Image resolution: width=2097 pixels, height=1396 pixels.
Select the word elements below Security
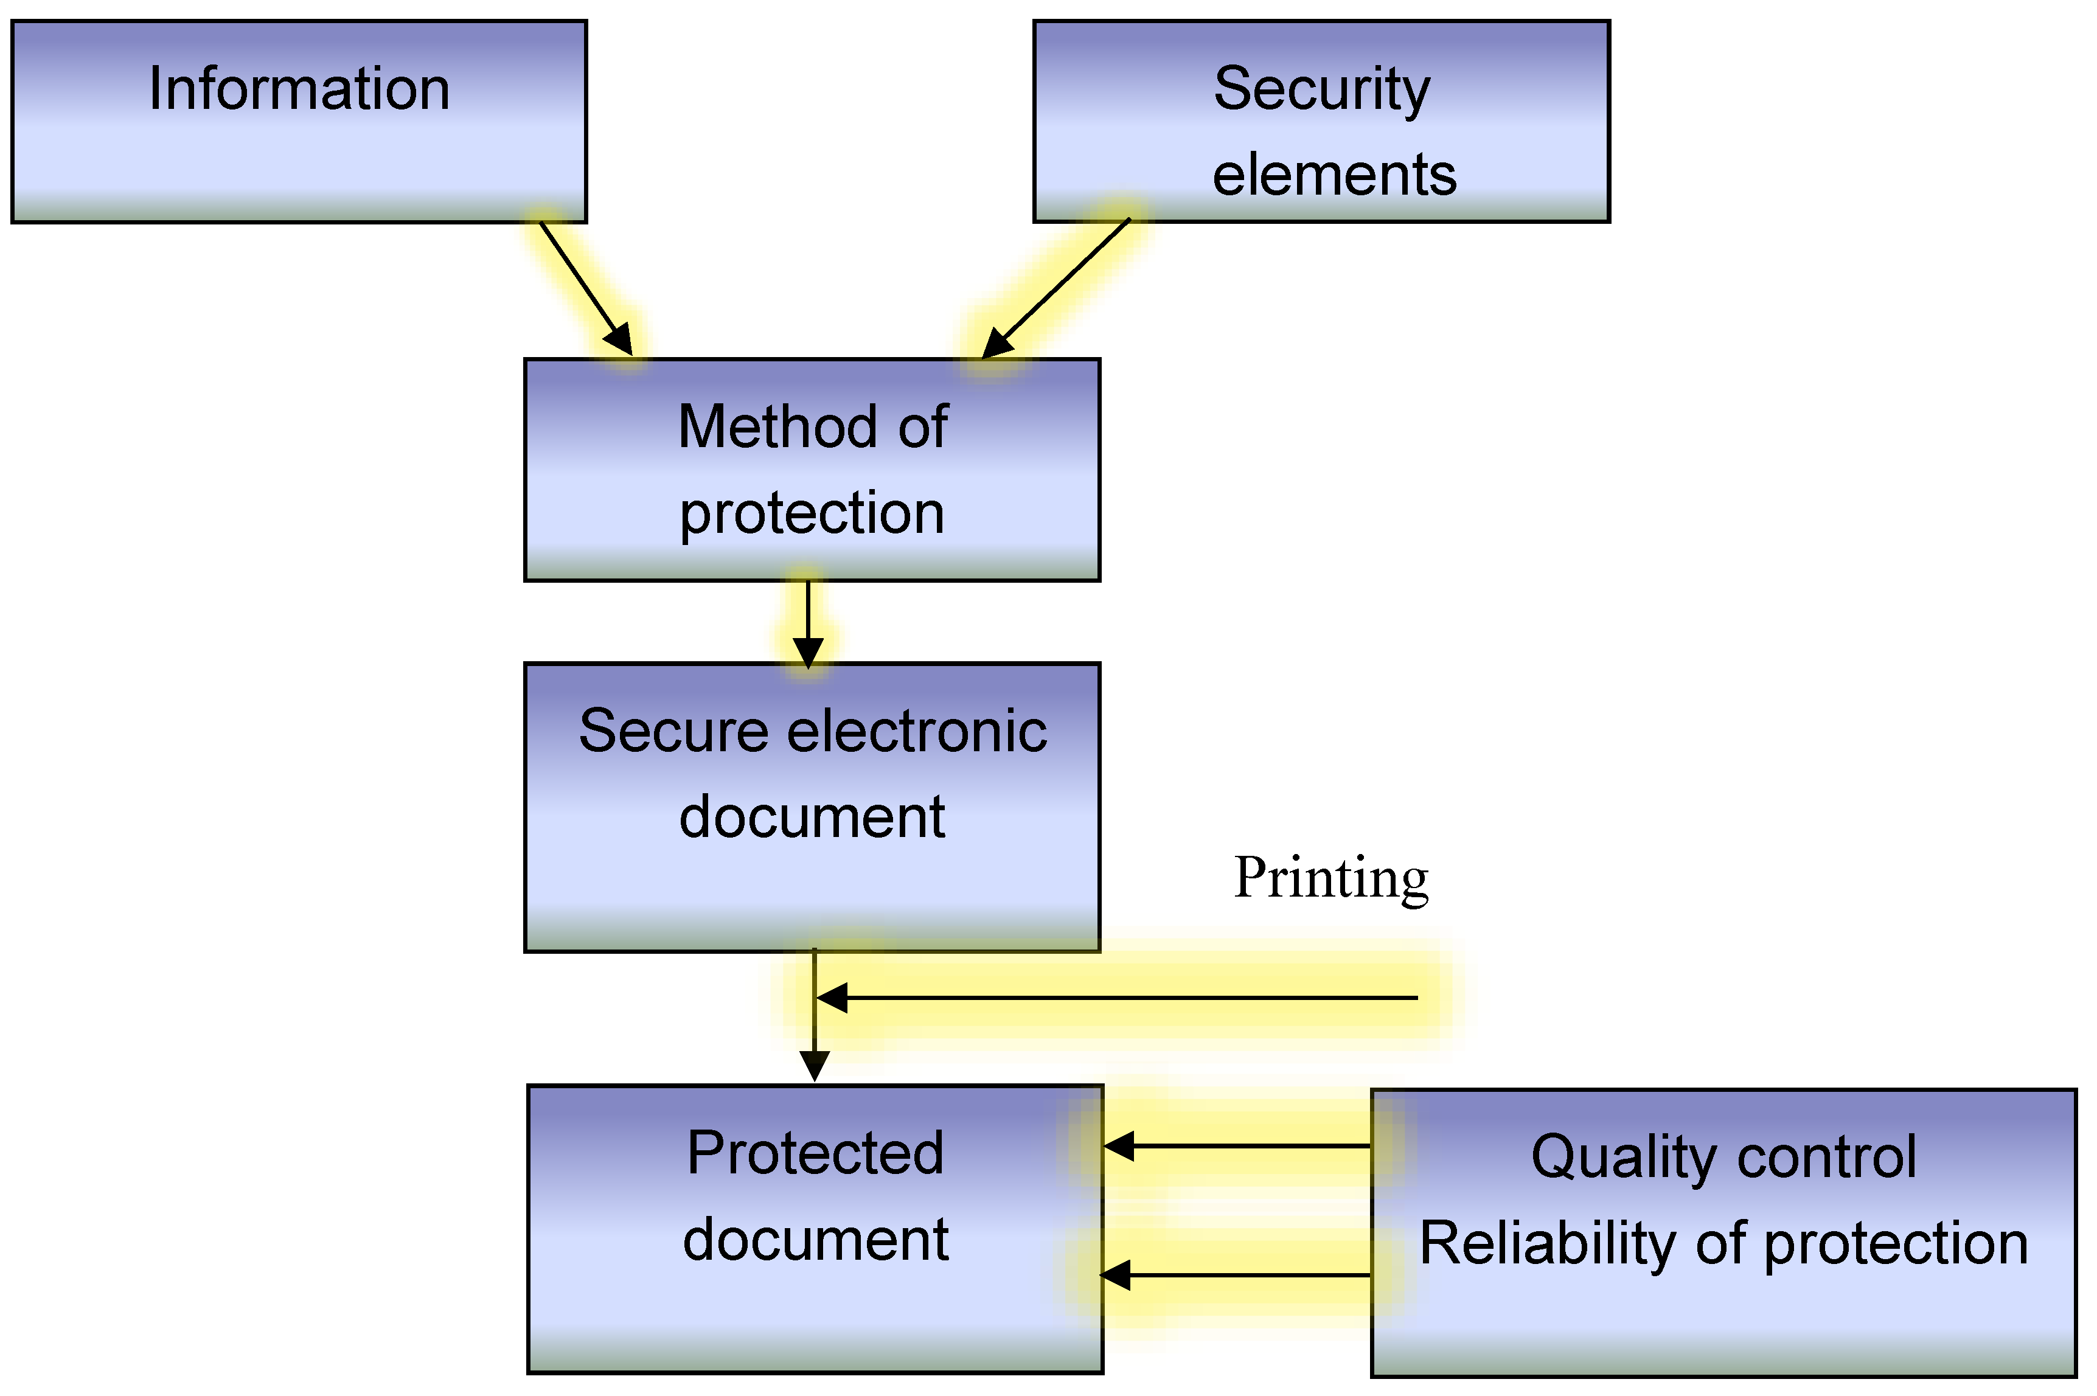click(x=1334, y=175)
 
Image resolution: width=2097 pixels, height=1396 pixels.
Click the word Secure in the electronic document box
click(x=672, y=732)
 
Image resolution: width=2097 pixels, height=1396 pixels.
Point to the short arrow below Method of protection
click(x=808, y=623)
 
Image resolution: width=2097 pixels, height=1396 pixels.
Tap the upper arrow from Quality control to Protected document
click(x=1238, y=1146)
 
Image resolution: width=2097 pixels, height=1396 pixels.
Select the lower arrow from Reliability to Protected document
click(x=1238, y=1275)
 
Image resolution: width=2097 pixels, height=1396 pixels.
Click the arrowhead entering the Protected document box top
click(x=814, y=1065)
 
